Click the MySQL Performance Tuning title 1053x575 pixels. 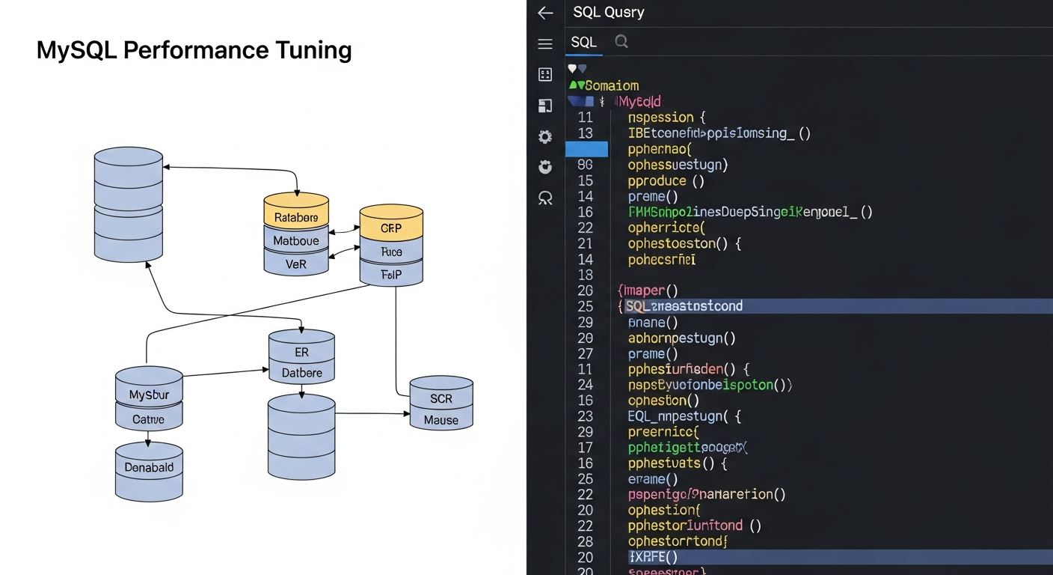coord(194,50)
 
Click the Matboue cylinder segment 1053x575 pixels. coord(296,240)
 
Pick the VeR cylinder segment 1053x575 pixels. coord(296,264)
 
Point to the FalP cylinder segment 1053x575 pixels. coord(391,274)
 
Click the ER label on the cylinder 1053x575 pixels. coord(301,352)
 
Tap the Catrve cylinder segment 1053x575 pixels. coord(149,419)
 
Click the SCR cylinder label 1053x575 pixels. coord(441,399)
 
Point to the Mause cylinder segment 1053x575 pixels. coord(441,419)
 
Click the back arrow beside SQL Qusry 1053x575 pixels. coord(545,13)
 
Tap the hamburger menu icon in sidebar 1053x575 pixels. coord(545,44)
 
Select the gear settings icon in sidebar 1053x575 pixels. coord(545,136)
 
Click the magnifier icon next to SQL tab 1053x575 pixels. coord(621,42)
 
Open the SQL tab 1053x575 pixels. coord(584,42)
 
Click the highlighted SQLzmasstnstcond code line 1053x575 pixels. coord(684,306)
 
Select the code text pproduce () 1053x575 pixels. coord(666,180)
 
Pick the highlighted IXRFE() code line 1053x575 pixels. coord(654,557)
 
